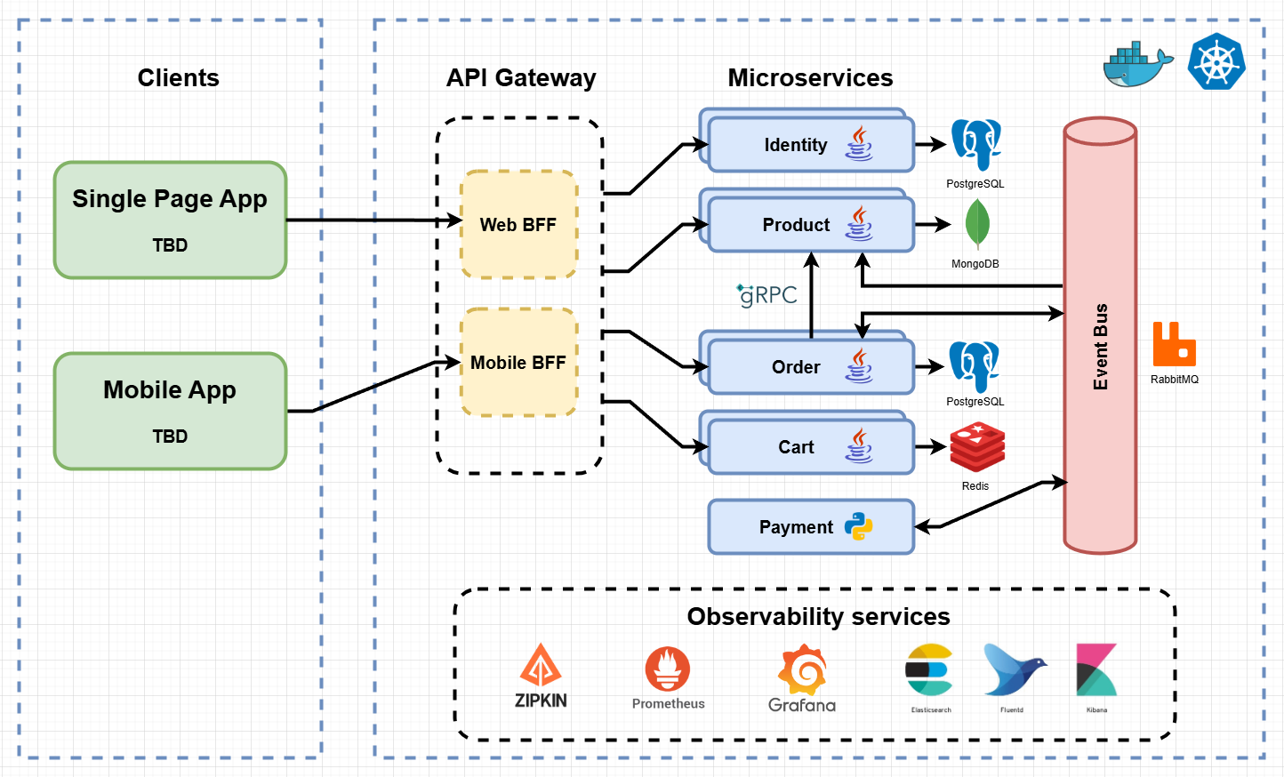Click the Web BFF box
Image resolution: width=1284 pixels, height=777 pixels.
tap(518, 225)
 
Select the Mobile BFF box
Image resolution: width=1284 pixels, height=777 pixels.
tap(518, 362)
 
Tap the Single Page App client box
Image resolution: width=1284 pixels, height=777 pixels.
tap(170, 220)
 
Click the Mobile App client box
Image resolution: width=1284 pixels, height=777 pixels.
tap(170, 411)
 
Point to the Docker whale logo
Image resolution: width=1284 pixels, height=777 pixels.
tap(1136, 64)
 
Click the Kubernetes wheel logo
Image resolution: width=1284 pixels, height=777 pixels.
tap(1216, 61)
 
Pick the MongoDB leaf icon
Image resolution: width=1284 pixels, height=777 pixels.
tap(977, 223)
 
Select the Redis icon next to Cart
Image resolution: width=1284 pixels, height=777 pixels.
tap(976, 447)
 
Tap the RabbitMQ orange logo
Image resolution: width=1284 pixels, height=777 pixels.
tap(1174, 345)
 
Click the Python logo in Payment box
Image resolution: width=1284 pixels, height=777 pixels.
tap(858, 526)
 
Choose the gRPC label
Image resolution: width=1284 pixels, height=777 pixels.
tap(766, 295)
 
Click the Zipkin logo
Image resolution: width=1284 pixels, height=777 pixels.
tap(541, 676)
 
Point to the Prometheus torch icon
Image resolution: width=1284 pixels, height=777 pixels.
tap(668, 669)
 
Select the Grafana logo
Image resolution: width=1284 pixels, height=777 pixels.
tap(803, 673)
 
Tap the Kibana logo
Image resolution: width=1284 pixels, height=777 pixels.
tap(1096, 670)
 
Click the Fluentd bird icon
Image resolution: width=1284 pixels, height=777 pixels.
tap(1013, 670)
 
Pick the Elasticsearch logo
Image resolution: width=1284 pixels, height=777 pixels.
tap(930, 670)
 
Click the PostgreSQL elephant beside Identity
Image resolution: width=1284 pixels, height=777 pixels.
tap(975, 143)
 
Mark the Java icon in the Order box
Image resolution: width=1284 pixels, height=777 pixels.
tap(858, 365)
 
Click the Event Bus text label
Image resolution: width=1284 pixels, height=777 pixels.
tap(1101, 347)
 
